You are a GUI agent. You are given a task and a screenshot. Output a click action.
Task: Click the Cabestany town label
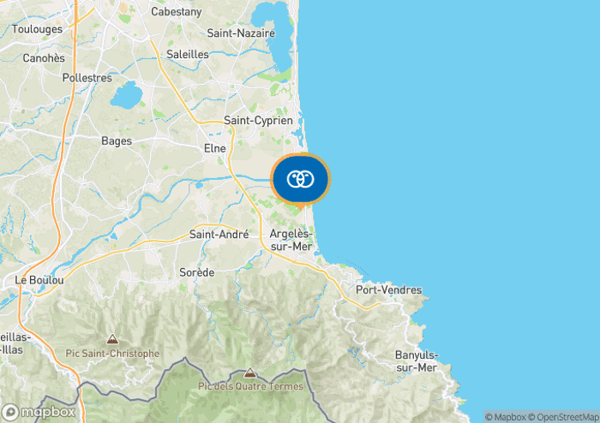[176, 12]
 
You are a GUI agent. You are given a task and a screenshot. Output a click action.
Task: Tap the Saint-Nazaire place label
[241, 33]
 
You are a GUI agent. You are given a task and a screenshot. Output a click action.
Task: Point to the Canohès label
[43, 58]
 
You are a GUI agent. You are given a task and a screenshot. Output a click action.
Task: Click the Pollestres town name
[87, 78]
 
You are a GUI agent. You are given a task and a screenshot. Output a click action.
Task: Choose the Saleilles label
[188, 54]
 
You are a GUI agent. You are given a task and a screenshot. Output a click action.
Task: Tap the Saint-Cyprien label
[258, 121]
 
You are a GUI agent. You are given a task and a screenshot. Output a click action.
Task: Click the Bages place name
[117, 141]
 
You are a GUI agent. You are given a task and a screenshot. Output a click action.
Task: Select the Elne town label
[214, 148]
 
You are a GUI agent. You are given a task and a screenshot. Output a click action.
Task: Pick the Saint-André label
[219, 234]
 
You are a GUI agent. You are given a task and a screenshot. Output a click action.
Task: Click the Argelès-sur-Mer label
[291, 240]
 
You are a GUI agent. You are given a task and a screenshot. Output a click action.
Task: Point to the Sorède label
[196, 271]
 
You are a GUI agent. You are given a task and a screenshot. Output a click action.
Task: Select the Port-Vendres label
[389, 290]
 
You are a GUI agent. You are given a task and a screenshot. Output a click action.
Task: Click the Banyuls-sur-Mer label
[417, 361]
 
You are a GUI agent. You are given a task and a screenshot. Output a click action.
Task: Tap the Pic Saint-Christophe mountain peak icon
[112, 339]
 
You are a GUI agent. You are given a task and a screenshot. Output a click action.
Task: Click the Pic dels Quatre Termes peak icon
[249, 372]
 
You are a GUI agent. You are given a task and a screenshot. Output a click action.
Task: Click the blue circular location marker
[300, 180]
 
